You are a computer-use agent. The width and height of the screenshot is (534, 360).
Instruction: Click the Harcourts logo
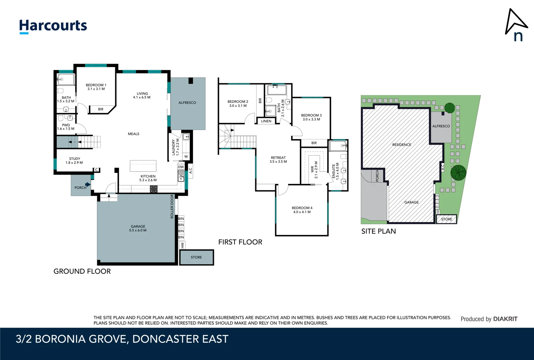[x=53, y=26]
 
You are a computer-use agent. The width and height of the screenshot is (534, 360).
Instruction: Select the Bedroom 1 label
[x=96, y=87]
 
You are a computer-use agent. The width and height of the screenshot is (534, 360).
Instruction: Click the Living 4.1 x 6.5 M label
[x=142, y=95]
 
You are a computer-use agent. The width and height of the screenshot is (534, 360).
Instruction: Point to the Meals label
[x=134, y=134]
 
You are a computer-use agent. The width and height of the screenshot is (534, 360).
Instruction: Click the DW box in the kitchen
[x=181, y=167]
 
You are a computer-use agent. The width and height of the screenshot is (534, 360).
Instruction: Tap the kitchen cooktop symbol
[x=154, y=189]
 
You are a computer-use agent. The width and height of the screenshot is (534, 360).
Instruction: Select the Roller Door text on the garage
[x=172, y=207]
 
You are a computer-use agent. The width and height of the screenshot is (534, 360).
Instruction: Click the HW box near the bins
[x=182, y=245]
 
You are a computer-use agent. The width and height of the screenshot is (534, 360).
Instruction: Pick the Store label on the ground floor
[x=196, y=257]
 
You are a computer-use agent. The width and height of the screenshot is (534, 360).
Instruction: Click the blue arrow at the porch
[x=88, y=184]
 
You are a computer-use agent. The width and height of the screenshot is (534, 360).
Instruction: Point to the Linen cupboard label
[x=266, y=121]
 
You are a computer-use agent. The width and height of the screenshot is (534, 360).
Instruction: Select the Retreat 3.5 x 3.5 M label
[x=278, y=160]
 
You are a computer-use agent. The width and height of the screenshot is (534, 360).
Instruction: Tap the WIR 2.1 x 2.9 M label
[x=314, y=170]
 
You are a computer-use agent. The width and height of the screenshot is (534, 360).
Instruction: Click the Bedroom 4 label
[x=302, y=210]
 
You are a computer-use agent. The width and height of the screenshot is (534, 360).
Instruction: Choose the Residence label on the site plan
[x=401, y=145]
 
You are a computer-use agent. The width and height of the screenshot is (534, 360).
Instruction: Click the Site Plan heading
[x=378, y=231]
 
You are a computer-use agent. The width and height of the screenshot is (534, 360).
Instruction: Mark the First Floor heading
[x=240, y=242]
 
